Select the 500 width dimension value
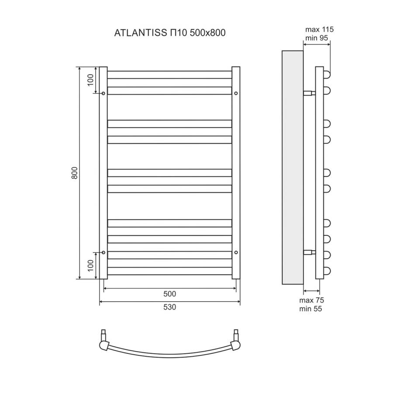click(x=169, y=293)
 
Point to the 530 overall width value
click(x=169, y=307)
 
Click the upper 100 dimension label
click(x=90, y=80)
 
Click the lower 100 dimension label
click(x=90, y=265)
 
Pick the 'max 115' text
click(x=319, y=30)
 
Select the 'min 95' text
click(x=318, y=38)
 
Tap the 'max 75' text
click(x=311, y=300)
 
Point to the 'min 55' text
click(x=311, y=309)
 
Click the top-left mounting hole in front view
click(x=103, y=93)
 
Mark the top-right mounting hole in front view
click(x=236, y=93)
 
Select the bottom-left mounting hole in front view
click(x=103, y=252)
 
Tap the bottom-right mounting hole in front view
click(x=236, y=252)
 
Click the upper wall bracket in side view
click(x=309, y=93)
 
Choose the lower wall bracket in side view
click(x=309, y=252)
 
